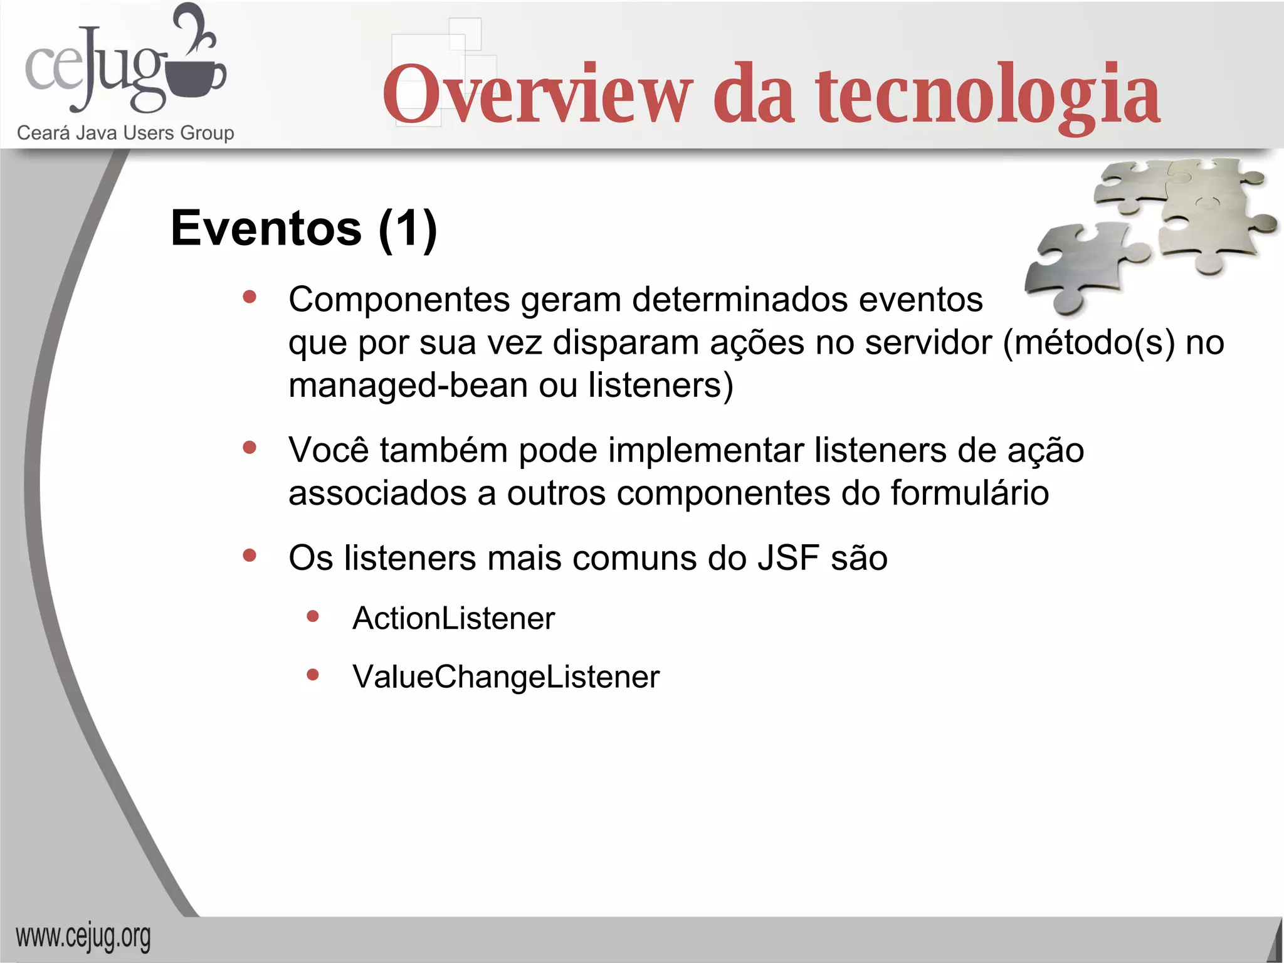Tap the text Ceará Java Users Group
[x=125, y=133]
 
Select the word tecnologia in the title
[x=987, y=94]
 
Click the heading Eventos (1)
[x=303, y=228]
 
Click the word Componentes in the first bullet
[x=399, y=300]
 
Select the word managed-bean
[x=408, y=385]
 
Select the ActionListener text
[x=453, y=618]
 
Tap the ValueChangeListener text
[x=506, y=677]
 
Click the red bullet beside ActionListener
[x=313, y=617]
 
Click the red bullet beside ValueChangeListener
[x=313, y=675]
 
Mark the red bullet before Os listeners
[x=250, y=555]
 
